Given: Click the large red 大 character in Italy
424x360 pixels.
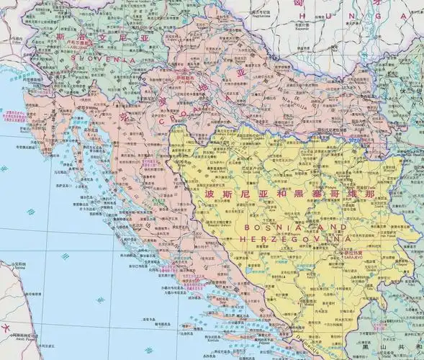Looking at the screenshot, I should pyautogui.click(x=6, y=334).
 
